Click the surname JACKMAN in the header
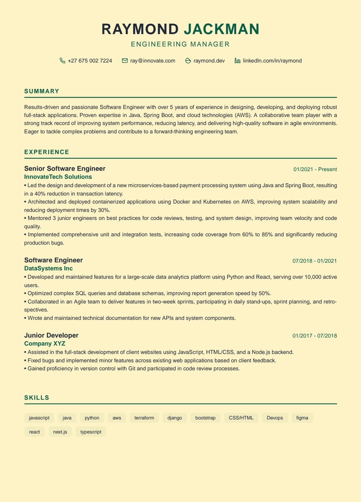click(221, 29)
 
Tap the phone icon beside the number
click(63, 60)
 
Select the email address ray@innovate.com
click(153, 60)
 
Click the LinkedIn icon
click(238, 60)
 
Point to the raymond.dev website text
click(209, 60)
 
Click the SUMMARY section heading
click(42, 91)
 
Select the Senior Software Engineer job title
click(65, 168)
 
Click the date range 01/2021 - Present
click(315, 169)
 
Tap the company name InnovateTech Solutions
click(58, 177)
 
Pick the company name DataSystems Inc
click(48, 268)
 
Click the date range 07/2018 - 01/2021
click(314, 261)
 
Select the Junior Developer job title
click(51, 335)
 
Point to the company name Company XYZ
click(44, 344)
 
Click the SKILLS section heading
click(37, 397)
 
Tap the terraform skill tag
click(144, 418)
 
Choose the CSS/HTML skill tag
click(241, 418)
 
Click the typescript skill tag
click(91, 432)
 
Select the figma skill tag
click(302, 418)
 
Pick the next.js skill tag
click(60, 432)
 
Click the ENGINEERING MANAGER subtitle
click(180, 44)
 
